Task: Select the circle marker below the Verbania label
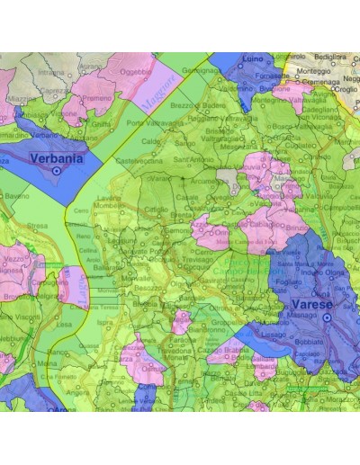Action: [57, 169]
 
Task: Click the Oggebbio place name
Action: [136, 71]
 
